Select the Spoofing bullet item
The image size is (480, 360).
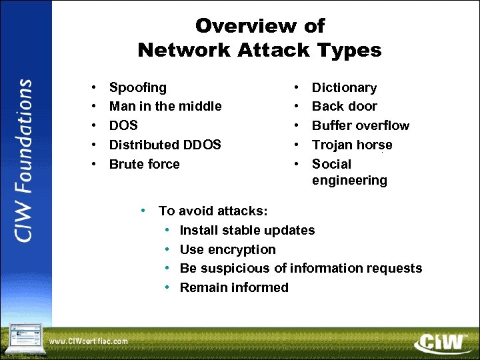[138, 87]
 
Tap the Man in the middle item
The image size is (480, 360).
[165, 106]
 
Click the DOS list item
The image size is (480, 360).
[123, 125]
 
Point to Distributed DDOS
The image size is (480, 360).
[165, 145]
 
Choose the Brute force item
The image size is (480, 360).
[144, 164]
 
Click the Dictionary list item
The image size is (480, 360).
[344, 87]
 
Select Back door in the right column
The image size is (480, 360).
[344, 106]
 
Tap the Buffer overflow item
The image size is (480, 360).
[361, 125]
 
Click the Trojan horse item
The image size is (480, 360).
[352, 145]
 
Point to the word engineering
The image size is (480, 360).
[349, 181]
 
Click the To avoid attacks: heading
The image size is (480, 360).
[213, 211]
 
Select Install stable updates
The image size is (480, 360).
[247, 230]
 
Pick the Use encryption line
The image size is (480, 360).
[227, 249]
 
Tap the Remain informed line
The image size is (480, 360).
[234, 288]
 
